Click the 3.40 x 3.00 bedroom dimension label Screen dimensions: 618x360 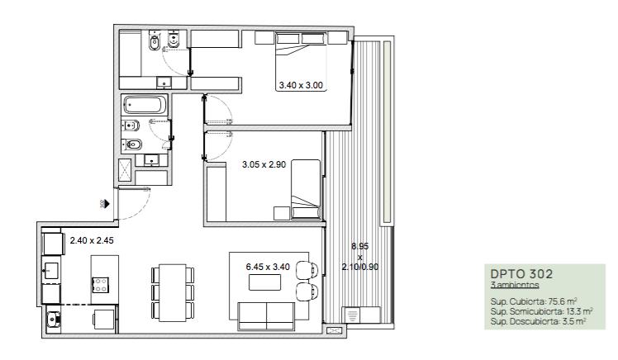[301, 85]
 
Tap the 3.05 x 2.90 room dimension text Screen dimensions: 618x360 [264, 164]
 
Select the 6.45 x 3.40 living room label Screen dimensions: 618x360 [268, 267]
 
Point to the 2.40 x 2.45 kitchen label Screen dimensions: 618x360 [92, 240]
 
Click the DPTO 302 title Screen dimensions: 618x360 [521, 274]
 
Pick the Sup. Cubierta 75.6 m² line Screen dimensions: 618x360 [534, 301]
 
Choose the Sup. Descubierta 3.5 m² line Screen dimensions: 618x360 [538, 321]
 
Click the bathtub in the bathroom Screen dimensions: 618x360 [145, 105]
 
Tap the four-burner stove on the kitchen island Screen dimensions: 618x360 [100, 284]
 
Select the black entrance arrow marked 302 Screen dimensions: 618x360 [107, 204]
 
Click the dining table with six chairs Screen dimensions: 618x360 [173, 292]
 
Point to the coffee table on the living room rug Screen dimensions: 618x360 [265, 282]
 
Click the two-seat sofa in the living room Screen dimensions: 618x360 [266, 316]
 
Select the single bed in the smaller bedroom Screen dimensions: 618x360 [306, 189]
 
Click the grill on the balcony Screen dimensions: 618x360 [353, 315]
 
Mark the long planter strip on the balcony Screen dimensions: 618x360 [387, 132]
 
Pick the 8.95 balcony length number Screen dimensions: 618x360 [360, 246]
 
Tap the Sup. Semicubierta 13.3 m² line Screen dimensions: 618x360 [541, 311]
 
